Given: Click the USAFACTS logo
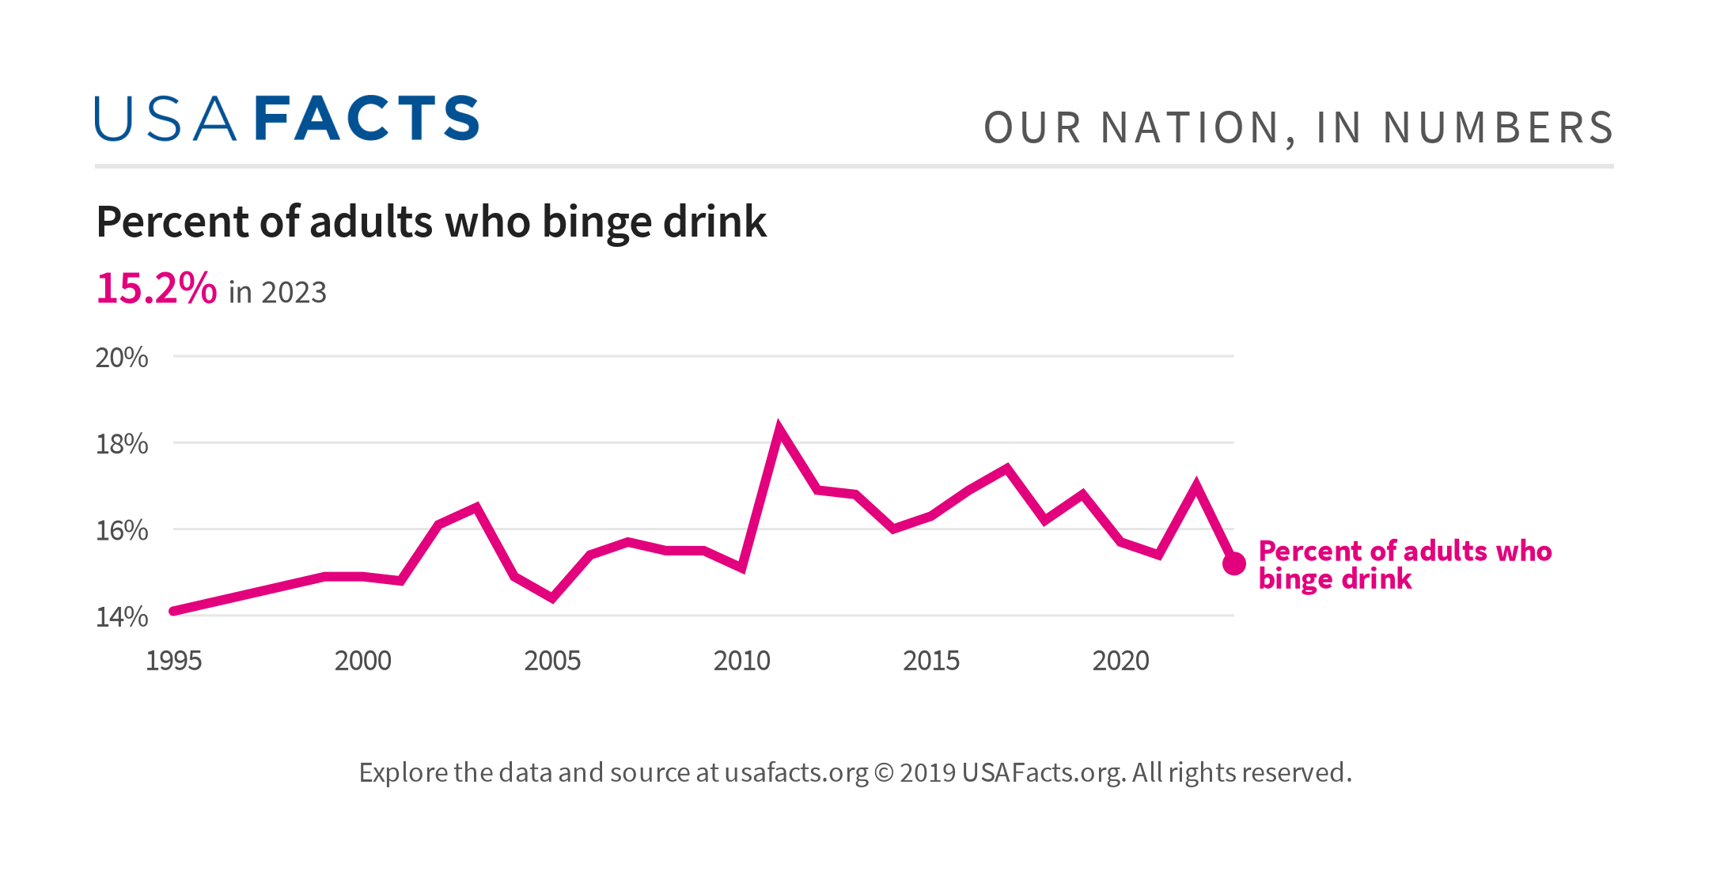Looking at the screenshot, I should [x=286, y=119].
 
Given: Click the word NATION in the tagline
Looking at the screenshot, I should [x=1190, y=128].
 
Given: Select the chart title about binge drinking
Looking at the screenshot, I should [x=430, y=222].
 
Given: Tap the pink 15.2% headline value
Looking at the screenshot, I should [x=156, y=288].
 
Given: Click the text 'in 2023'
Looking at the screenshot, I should [x=277, y=293].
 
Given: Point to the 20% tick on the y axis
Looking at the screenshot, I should [x=122, y=358].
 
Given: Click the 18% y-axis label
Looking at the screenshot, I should [x=122, y=444].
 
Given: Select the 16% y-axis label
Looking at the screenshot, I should [x=122, y=530].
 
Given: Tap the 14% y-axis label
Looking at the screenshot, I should [x=122, y=616].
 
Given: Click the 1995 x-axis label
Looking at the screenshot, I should [x=173, y=661].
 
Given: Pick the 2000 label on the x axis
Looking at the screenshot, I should [x=362, y=661].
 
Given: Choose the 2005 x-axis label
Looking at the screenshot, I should [x=552, y=661].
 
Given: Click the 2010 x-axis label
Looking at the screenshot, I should [x=741, y=661].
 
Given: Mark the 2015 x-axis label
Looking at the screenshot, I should [x=931, y=661].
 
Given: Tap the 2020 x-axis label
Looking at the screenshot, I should [x=1120, y=661].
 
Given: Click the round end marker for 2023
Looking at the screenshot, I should [x=1234, y=563].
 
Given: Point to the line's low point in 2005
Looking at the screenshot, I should [x=552, y=597].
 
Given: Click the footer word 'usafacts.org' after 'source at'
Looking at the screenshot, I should [x=796, y=772].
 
